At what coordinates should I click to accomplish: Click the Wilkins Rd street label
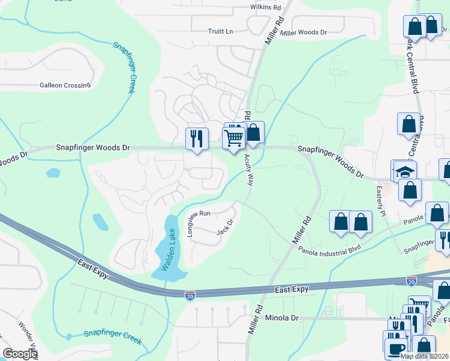tap(265, 7)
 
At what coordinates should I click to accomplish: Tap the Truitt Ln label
tap(220, 31)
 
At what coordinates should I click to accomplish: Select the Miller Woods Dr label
tap(303, 32)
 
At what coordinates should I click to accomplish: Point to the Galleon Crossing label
tap(65, 85)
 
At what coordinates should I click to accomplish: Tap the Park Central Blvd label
tap(412, 64)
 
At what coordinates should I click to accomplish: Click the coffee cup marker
tap(397, 350)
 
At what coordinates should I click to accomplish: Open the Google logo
tap(20, 354)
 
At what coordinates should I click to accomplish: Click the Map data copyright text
tap(425, 356)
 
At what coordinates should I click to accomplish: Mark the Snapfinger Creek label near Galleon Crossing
tap(124, 67)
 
